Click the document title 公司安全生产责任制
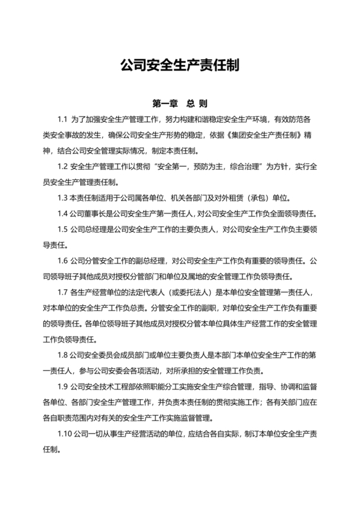180,66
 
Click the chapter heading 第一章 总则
180,103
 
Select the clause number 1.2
62,166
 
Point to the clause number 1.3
62,197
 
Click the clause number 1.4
62,213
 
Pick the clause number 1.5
62,229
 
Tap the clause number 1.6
62,260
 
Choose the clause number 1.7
62,291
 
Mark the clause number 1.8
62,353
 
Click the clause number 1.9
62,385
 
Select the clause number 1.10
64,432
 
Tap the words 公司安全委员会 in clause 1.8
92,353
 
